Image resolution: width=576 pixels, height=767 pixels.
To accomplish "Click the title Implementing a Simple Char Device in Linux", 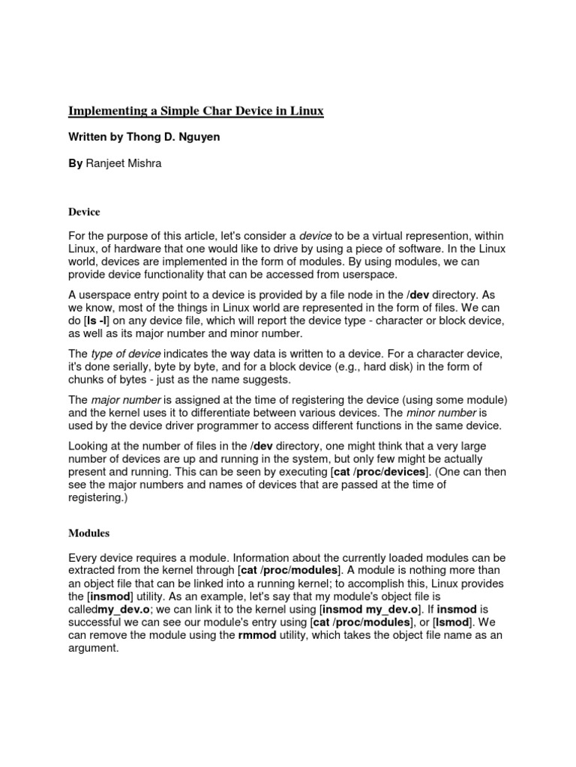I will click(196, 111).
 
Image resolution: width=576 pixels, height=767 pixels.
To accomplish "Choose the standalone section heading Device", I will click(84, 212).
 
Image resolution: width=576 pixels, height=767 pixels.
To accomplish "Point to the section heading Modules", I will click(89, 533).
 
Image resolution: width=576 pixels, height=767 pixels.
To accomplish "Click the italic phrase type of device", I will click(125, 353).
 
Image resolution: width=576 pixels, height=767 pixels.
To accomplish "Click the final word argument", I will click(93, 648).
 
